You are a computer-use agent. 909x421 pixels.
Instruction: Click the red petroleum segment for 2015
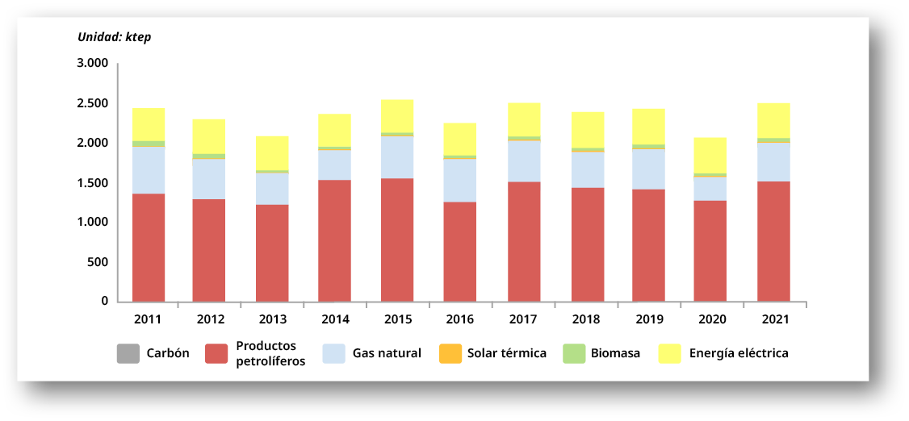tap(397, 240)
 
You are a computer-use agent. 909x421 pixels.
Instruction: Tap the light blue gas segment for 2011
tap(149, 169)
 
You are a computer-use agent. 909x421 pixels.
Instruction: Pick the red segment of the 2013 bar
tap(272, 252)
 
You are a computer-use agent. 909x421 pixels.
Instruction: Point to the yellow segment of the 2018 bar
tap(588, 130)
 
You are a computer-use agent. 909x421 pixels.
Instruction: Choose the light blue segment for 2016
tap(461, 180)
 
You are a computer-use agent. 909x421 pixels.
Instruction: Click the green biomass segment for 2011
tap(149, 144)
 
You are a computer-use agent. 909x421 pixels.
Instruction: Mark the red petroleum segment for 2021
tap(774, 241)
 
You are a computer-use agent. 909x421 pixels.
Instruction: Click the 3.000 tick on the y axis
tap(93, 64)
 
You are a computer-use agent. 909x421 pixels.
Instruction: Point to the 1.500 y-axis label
tap(93, 183)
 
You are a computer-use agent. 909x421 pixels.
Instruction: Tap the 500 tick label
tap(98, 262)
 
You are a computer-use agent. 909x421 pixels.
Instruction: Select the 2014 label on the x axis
tap(335, 319)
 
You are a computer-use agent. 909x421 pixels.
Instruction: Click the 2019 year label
tap(649, 319)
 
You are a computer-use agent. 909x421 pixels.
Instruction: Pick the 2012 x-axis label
tap(210, 319)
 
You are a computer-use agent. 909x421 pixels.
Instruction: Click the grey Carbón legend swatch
tap(128, 353)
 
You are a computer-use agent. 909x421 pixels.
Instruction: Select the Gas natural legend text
tap(387, 353)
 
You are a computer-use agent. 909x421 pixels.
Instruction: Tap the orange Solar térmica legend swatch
tap(450, 353)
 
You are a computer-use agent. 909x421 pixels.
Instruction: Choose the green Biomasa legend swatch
tap(574, 353)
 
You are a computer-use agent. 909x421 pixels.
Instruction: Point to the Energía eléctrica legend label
tap(738, 353)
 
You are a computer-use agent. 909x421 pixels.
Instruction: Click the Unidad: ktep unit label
tap(114, 37)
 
